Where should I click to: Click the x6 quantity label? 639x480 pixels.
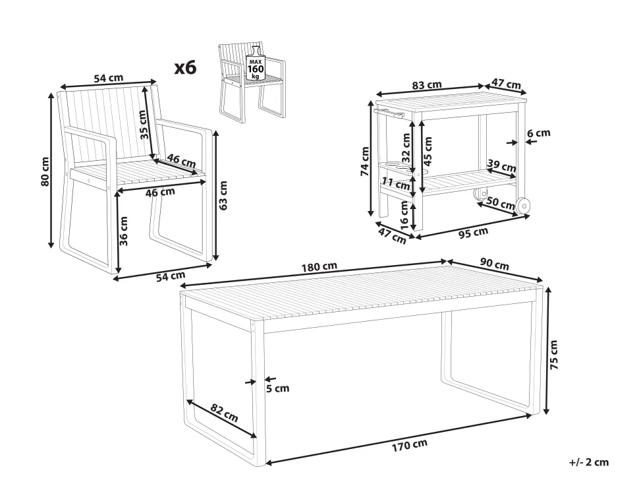[x=185, y=68]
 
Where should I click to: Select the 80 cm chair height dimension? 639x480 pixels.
[x=45, y=171]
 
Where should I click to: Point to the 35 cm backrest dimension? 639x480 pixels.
[x=143, y=125]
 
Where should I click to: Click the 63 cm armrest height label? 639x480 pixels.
[x=223, y=195]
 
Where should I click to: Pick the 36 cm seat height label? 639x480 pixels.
[x=124, y=230]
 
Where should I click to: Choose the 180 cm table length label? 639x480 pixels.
[x=319, y=267]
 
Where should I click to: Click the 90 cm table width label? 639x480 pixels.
[x=494, y=264]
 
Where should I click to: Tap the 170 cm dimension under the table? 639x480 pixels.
[x=410, y=445]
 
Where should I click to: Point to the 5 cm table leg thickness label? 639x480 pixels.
[x=277, y=388]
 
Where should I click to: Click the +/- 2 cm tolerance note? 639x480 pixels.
[x=589, y=462]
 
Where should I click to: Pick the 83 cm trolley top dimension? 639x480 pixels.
[x=427, y=85]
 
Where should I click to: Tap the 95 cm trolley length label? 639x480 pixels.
[x=473, y=233]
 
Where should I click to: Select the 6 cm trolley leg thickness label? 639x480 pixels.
[x=538, y=133]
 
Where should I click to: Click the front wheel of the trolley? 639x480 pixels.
[x=522, y=206]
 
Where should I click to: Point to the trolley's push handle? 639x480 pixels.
[x=389, y=113]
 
